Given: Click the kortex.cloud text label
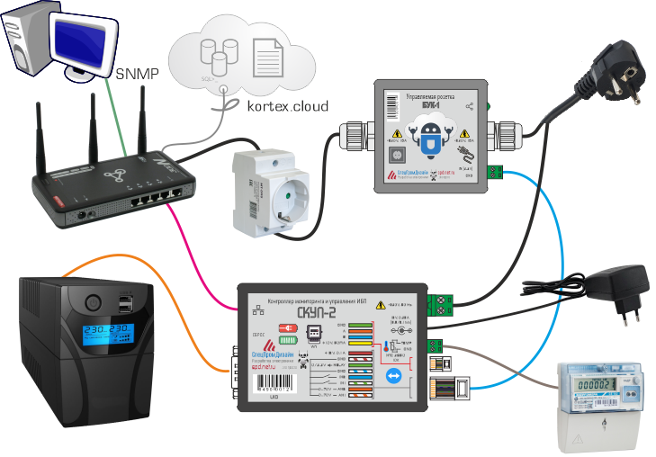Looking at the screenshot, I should point(287,105).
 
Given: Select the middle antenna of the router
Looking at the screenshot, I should point(92,126).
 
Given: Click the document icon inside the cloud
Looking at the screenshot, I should point(266,57).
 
